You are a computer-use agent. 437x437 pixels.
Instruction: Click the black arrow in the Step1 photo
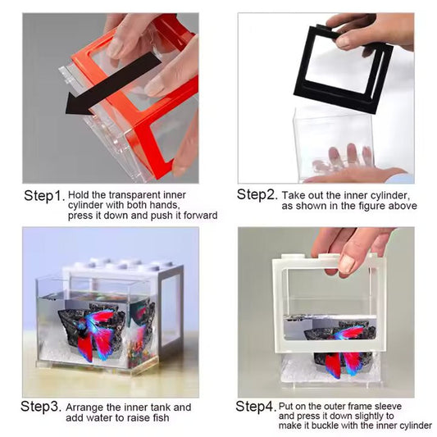(112, 84)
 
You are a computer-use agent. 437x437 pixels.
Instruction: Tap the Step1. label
(44, 196)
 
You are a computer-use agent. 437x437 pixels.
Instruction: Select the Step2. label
(257, 194)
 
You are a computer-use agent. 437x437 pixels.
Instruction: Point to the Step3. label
(41, 406)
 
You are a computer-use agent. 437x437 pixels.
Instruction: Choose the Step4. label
(256, 406)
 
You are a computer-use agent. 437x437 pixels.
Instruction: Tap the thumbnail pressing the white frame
(347, 263)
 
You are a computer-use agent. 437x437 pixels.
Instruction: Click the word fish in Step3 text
(161, 418)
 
